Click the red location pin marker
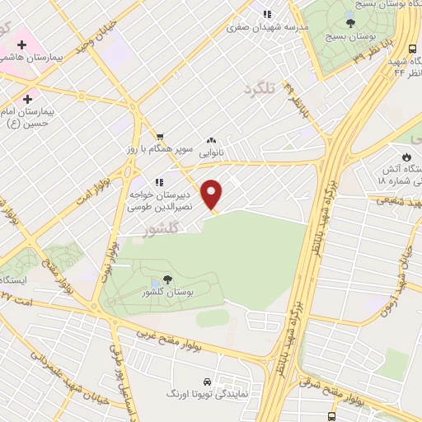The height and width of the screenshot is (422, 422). (213, 195)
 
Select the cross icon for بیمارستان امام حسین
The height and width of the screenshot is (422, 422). (29, 98)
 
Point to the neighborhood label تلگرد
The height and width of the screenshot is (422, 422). (258, 87)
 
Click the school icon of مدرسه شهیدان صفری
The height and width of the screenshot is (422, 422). (266, 14)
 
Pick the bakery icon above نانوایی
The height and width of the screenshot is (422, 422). (212, 140)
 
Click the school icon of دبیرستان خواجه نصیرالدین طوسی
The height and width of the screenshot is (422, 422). (157, 181)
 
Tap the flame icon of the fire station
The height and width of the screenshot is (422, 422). (406, 157)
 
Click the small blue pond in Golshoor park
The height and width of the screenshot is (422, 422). (155, 285)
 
